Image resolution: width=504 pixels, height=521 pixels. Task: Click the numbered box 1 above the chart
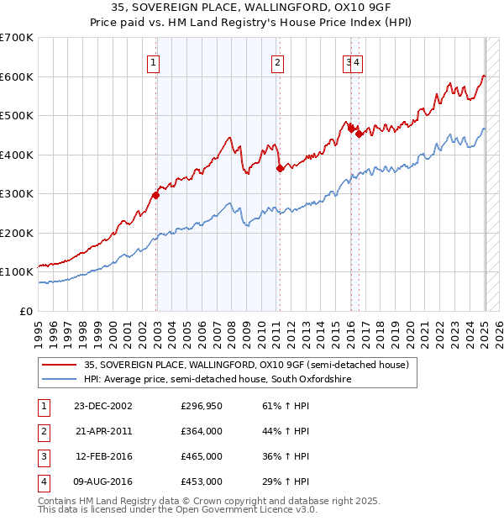pyautogui.click(x=155, y=61)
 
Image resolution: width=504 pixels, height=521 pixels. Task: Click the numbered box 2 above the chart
pyautogui.click(x=276, y=61)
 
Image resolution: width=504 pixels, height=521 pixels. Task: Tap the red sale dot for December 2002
pyautogui.click(x=155, y=195)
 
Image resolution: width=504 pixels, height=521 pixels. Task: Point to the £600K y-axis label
pyautogui.click(x=17, y=76)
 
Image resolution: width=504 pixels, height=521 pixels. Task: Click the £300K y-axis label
pyautogui.click(x=17, y=194)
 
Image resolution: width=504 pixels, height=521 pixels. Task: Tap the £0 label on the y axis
pyautogui.click(x=27, y=311)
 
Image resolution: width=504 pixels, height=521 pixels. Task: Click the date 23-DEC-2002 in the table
pyautogui.click(x=103, y=407)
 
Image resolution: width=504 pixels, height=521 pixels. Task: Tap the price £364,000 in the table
pyautogui.click(x=202, y=432)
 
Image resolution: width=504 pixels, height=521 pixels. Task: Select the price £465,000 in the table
pyautogui.click(x=202, y=457)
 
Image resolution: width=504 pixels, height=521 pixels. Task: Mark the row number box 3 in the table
pyautogui.click(x=42, y=457)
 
